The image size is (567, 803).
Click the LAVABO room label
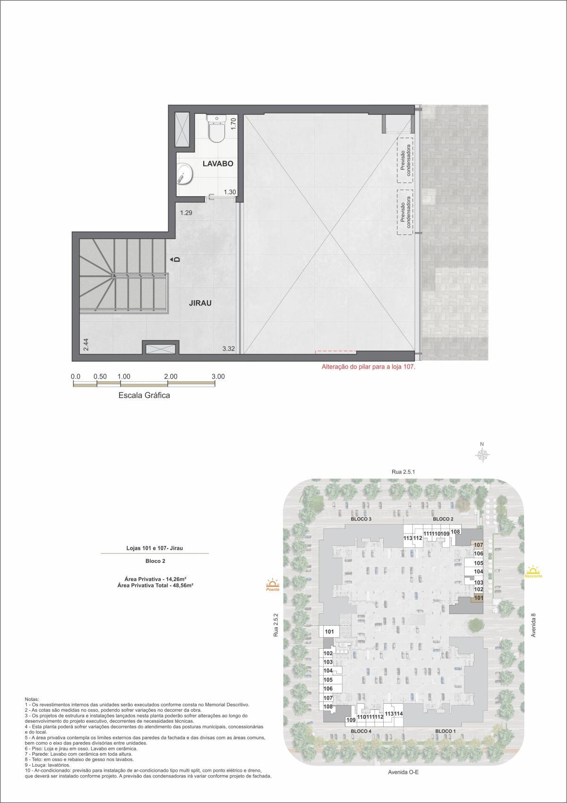pyautogui.click(x=218, y=164)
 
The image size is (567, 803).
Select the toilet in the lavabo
pyautogui.click(x=217, y=128)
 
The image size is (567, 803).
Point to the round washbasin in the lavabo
pyautogui.click(x=184, y=173)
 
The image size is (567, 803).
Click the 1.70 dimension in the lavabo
pyautogui.click(x=233, y=124)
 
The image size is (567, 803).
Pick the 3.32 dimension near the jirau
pyautogui.click(x=229, y=349)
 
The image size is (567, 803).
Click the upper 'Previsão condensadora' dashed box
pyautogui.click(x=405, y=160)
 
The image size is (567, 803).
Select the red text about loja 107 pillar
pyautogui.click(x=368, y=366)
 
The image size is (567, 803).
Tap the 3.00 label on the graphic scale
pyautogui.click(x=218, y=377)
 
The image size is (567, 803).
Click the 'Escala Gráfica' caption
pyautogui.click(x=144, y=396)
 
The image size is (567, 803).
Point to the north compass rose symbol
pyautogui.click(x=482, y=454)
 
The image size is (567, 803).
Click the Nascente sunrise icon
pyautogui.click(x=533, y=571)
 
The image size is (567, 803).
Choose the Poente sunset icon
pyautogui.click(x=272, y=585)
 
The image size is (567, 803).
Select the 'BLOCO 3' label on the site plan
pyautogui.click(x=361, y=519)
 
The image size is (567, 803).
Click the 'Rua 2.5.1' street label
pyautogui.click(x=403, y=472)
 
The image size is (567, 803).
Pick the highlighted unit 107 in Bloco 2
pyautogui.click(x=478, y=545)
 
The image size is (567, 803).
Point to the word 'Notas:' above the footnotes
pyautogui.click(x=32, y=699)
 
